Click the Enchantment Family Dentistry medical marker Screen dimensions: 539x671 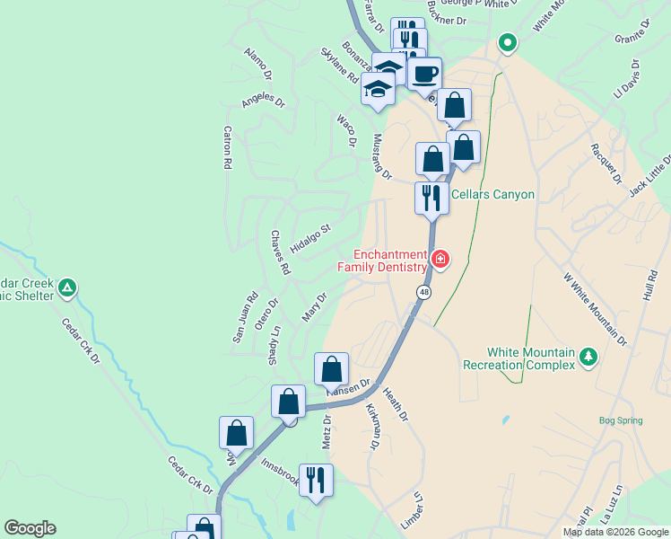[x=440, y=260]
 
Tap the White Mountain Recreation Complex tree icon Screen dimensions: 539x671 [x=588, y=357]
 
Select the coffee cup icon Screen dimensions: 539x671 [x=425, y=72]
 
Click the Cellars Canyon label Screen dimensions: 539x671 [x=492, y=194]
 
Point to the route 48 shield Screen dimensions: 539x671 [x=422, y=292]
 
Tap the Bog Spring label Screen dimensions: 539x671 [x=621, y=420]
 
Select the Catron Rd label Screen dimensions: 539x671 [x=227, y=149]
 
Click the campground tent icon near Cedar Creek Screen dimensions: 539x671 [x=67, y=288]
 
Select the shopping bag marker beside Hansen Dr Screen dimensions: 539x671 [x=331, y=368]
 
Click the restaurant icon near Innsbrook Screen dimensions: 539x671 [x=315, y=480]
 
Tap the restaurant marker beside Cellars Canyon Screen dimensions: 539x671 [x=431, y=197]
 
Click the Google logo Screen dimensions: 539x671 [x=30, y=528]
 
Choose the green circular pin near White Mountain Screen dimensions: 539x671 [x=507, y=41]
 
